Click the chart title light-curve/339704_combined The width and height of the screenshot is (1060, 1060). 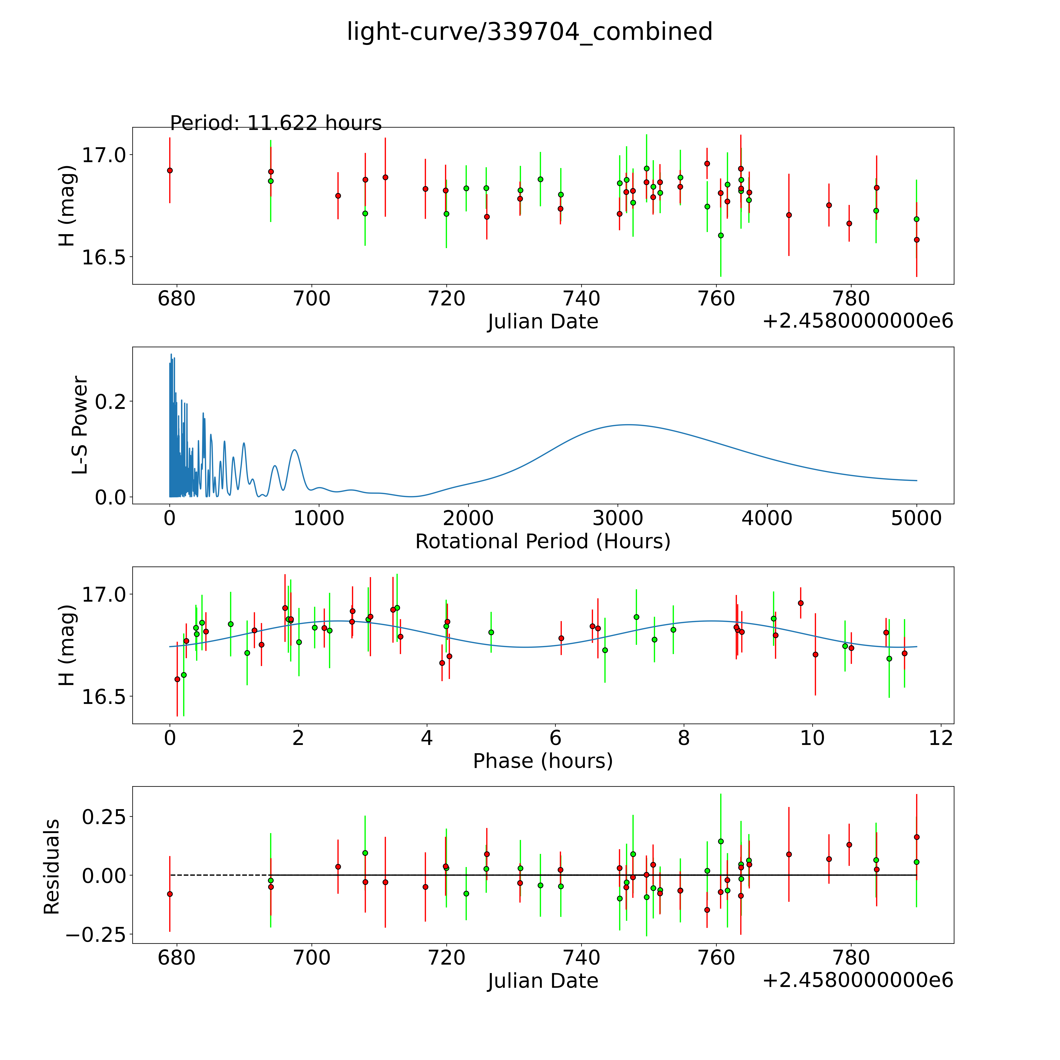coord(529,32)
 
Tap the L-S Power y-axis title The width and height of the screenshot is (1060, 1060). coord(80,425)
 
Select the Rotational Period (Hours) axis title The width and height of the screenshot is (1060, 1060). coord(543,542)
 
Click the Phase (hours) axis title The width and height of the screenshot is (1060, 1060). coord(543,761)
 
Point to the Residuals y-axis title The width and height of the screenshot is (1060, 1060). coord(52,867)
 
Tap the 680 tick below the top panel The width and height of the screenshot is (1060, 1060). coord(177,299)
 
